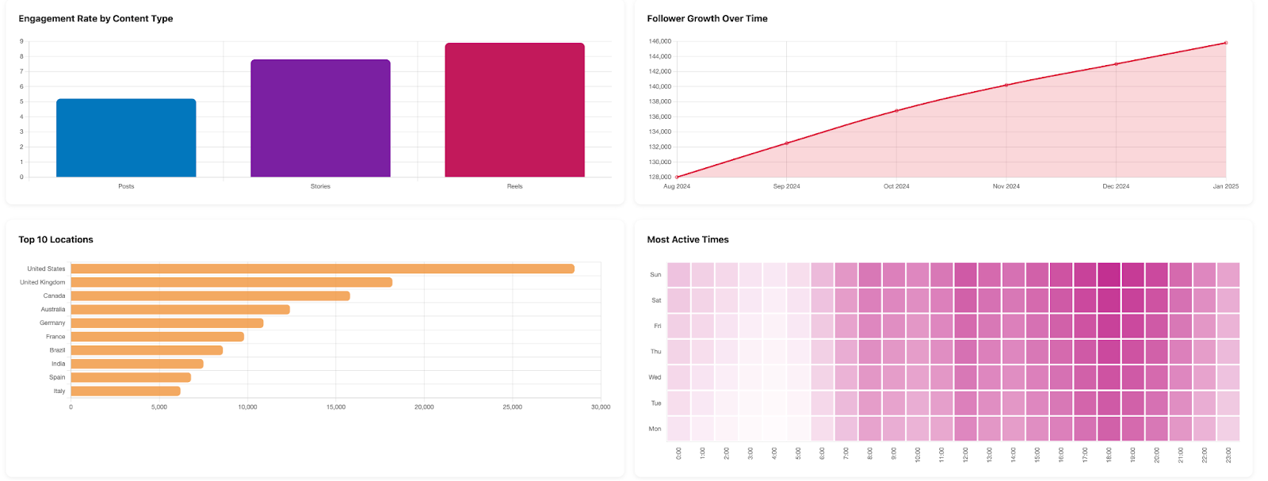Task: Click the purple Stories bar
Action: (320, 118)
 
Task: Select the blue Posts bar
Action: (126, 138)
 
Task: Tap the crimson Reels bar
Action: (514, 110)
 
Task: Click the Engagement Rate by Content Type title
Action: (96, 18)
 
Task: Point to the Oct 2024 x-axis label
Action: (896, 186)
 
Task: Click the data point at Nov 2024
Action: (1006, 85)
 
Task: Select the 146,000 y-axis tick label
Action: (659, 41)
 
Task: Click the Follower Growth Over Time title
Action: (707, 18)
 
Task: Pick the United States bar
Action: (322, 269)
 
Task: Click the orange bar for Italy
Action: (125, 391)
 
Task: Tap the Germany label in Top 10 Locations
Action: (52, 323)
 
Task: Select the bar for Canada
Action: (210, 296)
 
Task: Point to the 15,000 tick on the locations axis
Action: (335, 407)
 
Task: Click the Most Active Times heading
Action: (687, 239)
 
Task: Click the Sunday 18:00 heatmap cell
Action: (1109, 274)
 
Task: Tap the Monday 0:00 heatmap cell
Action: (678, 429)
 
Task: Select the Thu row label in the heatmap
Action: (655, 351)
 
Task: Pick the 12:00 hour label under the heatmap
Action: (965, 454)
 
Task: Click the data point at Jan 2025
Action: (1226, 43)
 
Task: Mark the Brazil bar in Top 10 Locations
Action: (147, 350)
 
